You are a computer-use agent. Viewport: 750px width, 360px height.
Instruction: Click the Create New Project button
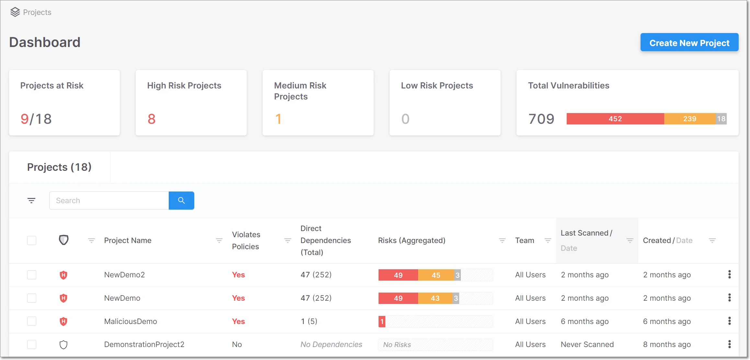click(689, 42)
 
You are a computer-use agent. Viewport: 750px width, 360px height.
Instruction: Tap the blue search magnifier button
click(181, 201)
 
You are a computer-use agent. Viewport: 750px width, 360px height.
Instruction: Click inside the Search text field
click(109, 201)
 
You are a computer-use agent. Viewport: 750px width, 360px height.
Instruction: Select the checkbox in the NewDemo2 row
click(32, 275)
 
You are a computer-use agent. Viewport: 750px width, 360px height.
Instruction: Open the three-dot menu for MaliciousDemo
click(729, 321)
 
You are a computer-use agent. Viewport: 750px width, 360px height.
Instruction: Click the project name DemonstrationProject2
click(144, 344)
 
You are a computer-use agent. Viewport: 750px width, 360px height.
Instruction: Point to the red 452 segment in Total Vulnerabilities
click(615, 119)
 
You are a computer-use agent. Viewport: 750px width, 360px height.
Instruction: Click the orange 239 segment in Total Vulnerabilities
click(689, 119)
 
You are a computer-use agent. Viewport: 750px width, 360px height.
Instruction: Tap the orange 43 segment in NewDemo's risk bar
click(435, 298)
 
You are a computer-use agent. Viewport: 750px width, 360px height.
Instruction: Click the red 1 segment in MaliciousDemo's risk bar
click(382, 321)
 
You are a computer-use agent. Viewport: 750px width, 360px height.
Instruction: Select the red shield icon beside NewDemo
click(63, 298)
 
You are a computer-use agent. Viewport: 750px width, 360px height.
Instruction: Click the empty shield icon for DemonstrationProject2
click(63, 344)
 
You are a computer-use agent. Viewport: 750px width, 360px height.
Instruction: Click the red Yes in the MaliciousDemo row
click(238, 321)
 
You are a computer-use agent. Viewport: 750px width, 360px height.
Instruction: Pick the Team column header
click(525, 240)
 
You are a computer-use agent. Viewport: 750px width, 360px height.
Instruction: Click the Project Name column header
click(128, 240)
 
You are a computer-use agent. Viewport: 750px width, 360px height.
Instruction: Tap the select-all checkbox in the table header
click(32, 240)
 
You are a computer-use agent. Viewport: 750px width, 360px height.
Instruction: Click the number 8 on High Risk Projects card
click(152, 119)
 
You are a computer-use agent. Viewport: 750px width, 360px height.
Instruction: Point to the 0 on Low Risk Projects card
click(405, 119)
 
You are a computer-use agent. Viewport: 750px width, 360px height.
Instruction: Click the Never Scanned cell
click(587, 344)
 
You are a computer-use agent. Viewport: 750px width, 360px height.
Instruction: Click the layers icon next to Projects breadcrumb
click(15, 12)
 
